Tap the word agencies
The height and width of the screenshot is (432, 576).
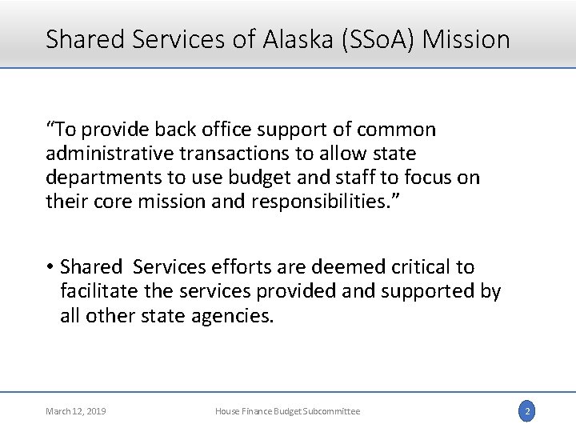click(x=234, y=315)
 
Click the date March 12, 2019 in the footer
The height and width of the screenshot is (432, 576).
click(x=76, y=411)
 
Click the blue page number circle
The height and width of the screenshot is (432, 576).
click(x=526, y=411)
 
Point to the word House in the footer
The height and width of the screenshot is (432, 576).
click(x=228, y=411)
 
